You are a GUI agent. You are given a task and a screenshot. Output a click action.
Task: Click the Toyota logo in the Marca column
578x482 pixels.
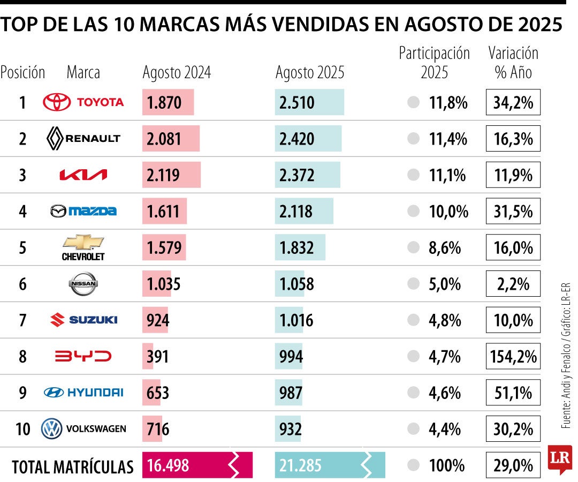tap(83, 102)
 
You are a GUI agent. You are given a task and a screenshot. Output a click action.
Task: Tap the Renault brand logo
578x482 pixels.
tap(83, 139)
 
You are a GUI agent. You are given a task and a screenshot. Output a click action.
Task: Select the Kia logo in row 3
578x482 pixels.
tap(83, 175)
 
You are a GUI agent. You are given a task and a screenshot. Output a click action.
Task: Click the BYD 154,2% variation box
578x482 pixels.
tap(513, 357)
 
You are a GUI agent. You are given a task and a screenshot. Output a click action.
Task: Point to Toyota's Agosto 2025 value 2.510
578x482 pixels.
tap(296, 102)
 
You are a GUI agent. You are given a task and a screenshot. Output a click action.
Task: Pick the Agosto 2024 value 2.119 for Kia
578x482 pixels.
tap(164, 175)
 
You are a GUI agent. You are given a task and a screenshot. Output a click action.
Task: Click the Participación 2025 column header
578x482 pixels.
tap(434, 62)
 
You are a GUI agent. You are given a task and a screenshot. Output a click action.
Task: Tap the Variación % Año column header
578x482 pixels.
tap(513, 62)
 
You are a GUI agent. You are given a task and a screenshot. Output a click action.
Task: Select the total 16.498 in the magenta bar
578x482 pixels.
tap(168, 465)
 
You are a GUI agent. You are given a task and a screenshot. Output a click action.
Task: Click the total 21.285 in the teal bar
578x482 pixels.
tap(300, 465)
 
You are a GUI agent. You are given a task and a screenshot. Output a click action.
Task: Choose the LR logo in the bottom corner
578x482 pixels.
tap(559, 458)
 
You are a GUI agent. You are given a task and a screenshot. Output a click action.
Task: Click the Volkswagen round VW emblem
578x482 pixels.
tap(52, 428)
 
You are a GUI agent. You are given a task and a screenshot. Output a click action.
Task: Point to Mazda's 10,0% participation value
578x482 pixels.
tap(448, 212)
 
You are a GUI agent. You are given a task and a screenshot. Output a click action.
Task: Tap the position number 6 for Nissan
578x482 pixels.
tap(22, 284)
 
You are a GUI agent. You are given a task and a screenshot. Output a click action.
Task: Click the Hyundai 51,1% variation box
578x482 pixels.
tap(513, 393)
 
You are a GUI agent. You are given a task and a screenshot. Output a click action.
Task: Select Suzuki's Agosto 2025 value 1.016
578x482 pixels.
tap(296, 320)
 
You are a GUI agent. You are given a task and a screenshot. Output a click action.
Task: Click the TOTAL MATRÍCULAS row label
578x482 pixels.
tap(72, 466)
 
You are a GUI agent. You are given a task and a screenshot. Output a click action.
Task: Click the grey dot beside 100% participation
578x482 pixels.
tap(413, 465)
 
